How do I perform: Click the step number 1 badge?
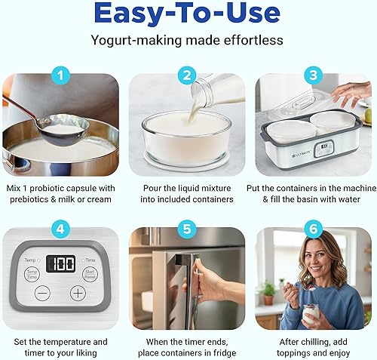(61, 74)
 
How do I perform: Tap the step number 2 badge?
(188, 74)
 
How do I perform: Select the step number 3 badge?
(313, 74)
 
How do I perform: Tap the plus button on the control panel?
(78, 293)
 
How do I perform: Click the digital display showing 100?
(61, 263)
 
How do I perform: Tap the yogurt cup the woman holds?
(310, 313)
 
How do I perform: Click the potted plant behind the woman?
(267, 291)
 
